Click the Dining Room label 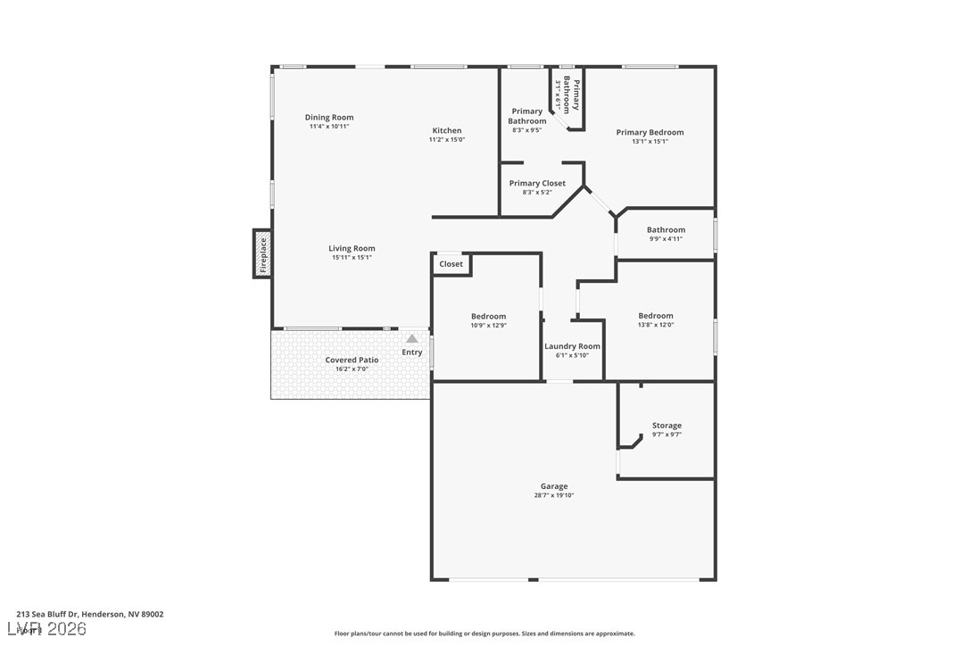[x=329, y=117]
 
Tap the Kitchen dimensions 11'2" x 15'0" [x=447, y=139]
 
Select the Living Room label [x=352, y=248]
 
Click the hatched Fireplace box [x=262, y=253]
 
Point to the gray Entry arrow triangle [x=411, y=339]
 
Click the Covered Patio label [x=352, y=360]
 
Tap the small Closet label [x=451, y=264]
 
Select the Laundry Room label [x=572, y=346]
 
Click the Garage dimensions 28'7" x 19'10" [x=554, y=495]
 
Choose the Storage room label [x=667, y=426]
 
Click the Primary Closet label [x=537, y=183]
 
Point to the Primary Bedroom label [x=650, y=132]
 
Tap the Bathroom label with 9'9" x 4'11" [x=666, y=229]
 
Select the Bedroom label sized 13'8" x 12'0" [x=656, y=316]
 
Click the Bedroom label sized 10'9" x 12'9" [x=488, y=316]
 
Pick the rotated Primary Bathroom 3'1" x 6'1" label [x=567, y=95]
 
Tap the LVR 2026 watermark [x=52, y=629]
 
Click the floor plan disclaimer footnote [x=484, y=634]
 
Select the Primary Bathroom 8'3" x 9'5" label [x=527, y=116]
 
